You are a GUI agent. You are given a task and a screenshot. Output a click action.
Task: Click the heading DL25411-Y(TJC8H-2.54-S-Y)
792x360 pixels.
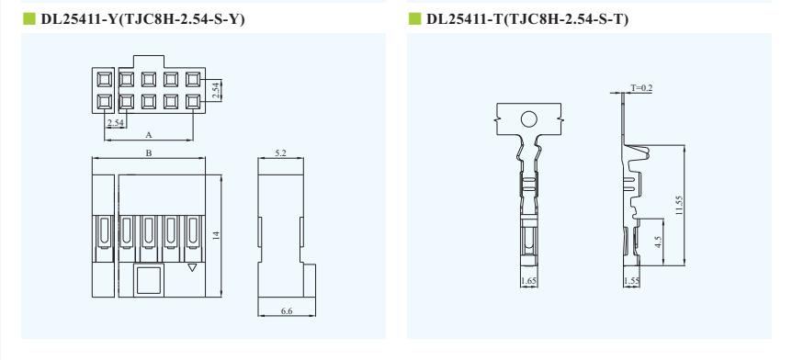tap(143, 19)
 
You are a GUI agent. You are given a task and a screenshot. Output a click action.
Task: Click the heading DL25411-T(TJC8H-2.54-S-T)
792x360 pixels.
tap(527, 19)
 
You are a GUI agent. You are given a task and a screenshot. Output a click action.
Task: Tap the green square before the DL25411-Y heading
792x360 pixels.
tap(29, 18)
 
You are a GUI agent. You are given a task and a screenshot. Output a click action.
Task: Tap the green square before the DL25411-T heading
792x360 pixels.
tap(414, 18)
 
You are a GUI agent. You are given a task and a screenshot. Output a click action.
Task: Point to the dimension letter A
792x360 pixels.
tap(149, 135)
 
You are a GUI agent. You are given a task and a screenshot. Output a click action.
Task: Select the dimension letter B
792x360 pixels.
tap(149, 153)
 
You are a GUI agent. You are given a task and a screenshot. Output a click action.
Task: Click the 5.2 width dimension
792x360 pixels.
tap(281, 153)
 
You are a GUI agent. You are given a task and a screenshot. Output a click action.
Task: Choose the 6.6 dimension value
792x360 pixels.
tap(287, 311)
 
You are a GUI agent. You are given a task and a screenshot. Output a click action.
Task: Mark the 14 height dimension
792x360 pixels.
tap(216, 235)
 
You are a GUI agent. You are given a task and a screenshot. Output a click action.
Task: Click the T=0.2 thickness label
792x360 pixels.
tap(641, 88)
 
